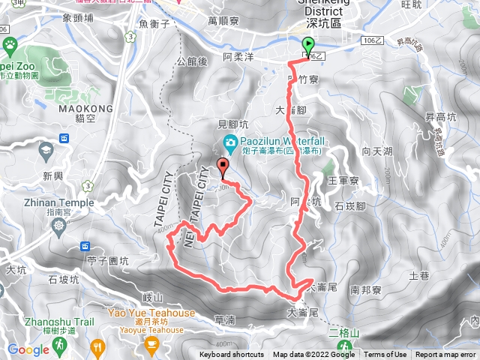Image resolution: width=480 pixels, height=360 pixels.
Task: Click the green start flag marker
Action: pos(308,46)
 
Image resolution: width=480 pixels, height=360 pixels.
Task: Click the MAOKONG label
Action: pos(85,109)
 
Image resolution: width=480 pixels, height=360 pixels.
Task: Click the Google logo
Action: pos(28,349)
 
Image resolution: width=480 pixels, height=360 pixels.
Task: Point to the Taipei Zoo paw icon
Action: pos(10,45)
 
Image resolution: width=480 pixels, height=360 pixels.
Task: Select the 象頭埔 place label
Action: pos(79,16)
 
